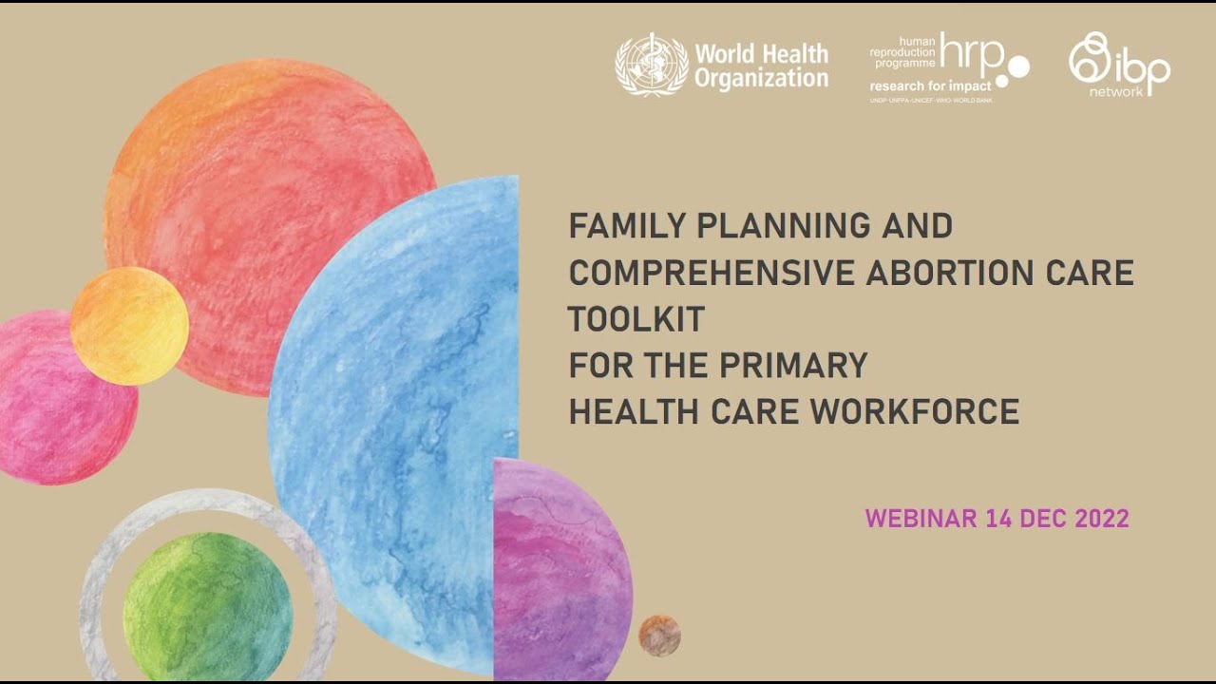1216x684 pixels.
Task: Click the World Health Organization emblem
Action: point(651,65)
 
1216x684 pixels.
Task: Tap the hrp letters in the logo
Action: point(973,55)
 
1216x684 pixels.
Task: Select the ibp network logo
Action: point(1118,64)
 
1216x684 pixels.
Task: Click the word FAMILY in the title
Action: point(628,226)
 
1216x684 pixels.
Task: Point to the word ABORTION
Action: point(947,273)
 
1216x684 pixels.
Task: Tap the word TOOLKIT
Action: point(636,319)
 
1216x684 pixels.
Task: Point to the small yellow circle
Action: point(129,326)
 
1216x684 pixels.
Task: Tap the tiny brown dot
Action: point(659,636)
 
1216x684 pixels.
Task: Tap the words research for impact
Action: point(930,86)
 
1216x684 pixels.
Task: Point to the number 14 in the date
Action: point(998,519)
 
